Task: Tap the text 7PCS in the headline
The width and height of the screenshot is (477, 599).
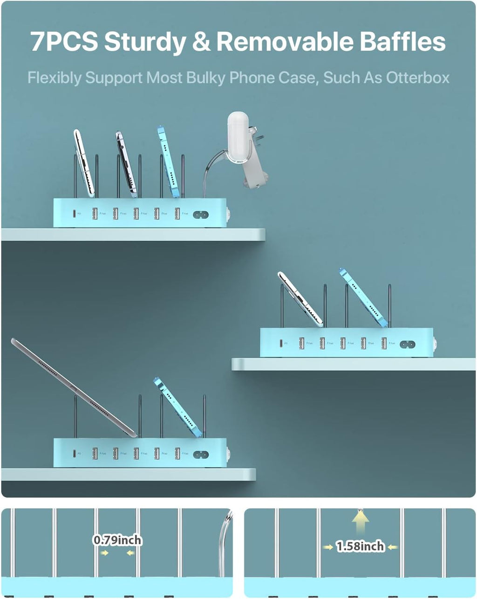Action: pos(64,41)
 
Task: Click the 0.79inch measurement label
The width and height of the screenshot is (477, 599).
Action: pos(117,540)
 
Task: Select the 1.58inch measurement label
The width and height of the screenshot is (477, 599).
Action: pos(360,546)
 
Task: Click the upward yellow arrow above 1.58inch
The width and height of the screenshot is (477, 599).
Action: pos(360,521)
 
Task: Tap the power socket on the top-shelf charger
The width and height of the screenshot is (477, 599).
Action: pos(200,215)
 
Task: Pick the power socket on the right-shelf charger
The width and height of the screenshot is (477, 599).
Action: pos(407,345)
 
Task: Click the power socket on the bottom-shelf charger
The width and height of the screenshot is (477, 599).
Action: pos(200,454)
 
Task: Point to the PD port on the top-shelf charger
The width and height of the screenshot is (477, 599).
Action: pos(74,213)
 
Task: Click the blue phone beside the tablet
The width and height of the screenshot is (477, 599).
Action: pos(177,406)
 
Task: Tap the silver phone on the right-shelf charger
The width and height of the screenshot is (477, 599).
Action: pos(300,299)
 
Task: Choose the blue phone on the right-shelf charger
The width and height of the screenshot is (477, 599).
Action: pos(363,297)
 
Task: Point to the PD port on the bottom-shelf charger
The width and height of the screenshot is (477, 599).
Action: pos(74,453)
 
